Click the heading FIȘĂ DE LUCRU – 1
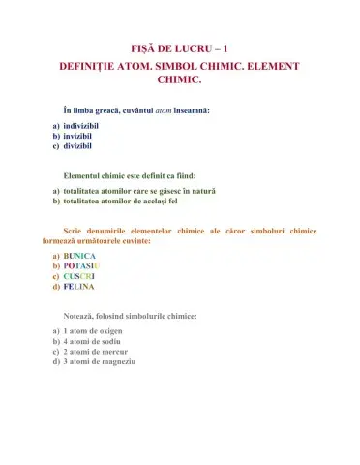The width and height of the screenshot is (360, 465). pos(180,46)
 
